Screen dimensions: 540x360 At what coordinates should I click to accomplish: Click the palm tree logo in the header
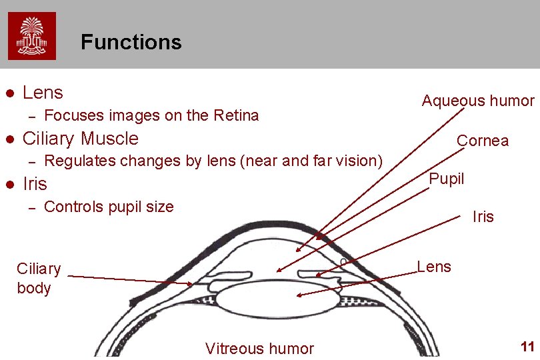pos(32,35)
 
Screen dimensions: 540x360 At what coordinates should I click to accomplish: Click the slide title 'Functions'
pos(131,43)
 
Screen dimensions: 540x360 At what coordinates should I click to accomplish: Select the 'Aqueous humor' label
pos(477,101)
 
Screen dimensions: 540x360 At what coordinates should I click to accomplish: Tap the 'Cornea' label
pos(482,141)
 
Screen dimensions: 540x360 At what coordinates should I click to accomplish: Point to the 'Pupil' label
pos(446,179)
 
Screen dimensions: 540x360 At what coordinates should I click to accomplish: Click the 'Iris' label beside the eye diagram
pos(483,217)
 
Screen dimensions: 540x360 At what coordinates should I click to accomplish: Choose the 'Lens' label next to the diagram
pos(434,267)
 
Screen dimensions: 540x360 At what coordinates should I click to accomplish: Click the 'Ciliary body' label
pos(38,278)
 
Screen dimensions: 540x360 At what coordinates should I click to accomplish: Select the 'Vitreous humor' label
pos(259,348)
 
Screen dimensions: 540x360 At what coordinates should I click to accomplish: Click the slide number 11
pos(527,347)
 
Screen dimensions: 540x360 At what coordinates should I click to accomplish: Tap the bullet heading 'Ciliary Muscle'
pos(81,139)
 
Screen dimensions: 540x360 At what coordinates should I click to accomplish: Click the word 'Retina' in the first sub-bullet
pos(235,115)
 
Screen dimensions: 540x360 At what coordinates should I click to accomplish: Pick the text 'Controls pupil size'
pos(108,207)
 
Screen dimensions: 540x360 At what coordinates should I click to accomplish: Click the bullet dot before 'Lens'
pos(9,93)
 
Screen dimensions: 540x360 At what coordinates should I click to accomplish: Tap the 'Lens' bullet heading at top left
pos(43,93)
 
